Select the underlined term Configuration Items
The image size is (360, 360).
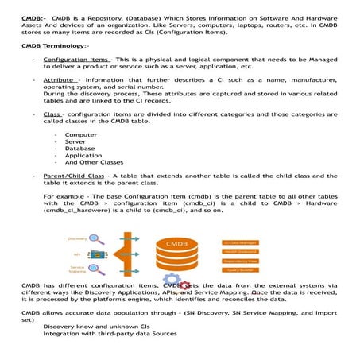[77, 60]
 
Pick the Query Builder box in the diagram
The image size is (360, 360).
[240, 269]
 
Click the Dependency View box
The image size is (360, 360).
[240, 260]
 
